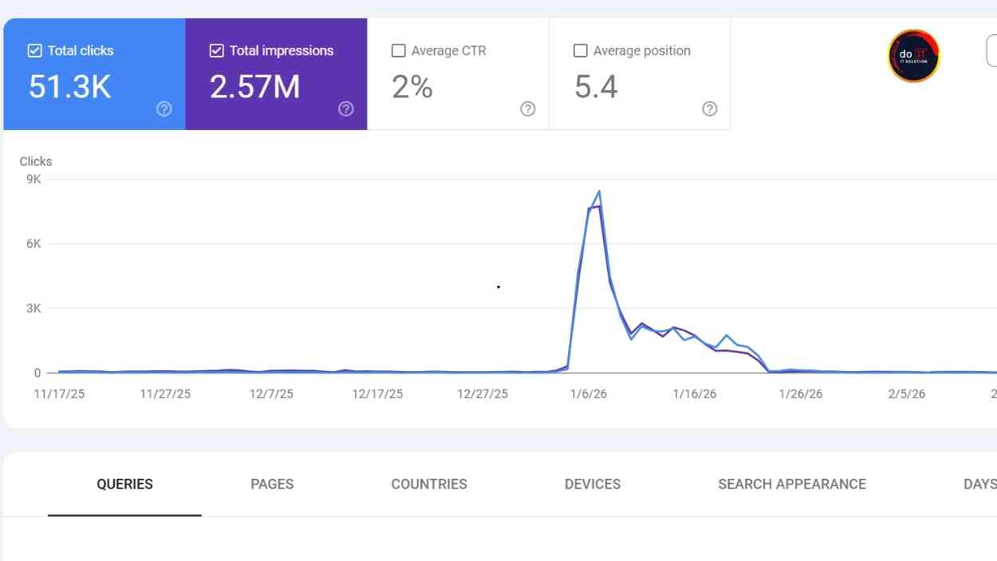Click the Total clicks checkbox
click(34, 50)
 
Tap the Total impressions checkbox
click(216, 50)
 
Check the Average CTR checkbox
click(398, 50)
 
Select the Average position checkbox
click(580, 50)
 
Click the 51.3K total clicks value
click(69, 86)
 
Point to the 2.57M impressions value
click(254, 86)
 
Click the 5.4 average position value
click(596, 86)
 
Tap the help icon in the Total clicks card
click(164, 109)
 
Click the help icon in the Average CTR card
click(527, 109)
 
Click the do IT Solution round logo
click(913, 56)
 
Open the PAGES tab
click(272, 484)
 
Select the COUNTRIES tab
click(429, 484)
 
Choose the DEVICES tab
click(593, 484)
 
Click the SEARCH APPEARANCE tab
click(791, 484)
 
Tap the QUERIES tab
click(124, 484)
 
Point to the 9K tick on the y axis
click(33, 179)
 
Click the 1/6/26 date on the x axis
click(589, 394)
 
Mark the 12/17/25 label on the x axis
click(377, 394)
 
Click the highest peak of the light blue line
click(599, 191)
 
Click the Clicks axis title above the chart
click(36, 161)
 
